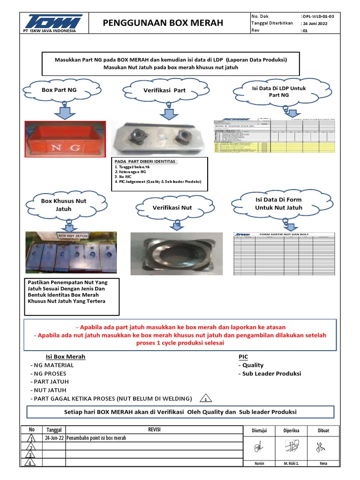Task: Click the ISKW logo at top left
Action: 48,22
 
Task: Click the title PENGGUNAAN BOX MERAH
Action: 163,23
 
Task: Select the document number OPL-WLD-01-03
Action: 318,16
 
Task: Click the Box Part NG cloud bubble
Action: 60,90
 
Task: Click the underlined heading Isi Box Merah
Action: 65,357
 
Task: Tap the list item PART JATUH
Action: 48,382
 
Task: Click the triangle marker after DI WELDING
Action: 205,399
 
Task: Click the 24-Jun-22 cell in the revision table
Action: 54,438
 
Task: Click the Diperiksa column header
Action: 291,430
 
